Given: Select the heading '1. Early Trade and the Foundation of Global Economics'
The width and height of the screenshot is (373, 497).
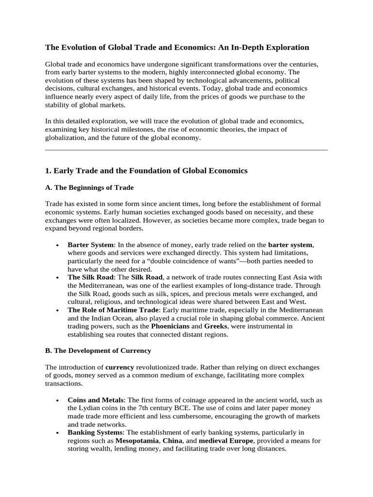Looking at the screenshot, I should pos(146,170).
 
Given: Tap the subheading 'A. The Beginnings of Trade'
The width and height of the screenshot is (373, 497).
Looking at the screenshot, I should pos(89,187).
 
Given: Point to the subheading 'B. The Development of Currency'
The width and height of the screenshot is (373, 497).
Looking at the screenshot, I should pos(98,350).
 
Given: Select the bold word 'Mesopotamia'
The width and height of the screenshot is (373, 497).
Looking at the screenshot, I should pos(136,440).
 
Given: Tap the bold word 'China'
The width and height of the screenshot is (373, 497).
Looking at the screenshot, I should pos(172,440).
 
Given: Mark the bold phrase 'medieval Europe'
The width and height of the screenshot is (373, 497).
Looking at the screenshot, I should pos(226,440).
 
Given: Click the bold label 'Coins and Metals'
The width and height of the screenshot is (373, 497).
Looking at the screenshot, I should pos(96,399).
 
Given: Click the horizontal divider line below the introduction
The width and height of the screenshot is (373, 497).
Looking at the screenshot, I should pos(186,150).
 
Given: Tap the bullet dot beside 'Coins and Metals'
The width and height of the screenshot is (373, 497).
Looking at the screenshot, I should pos(58,400).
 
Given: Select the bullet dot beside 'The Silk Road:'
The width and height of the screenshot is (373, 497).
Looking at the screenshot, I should pos(58,278).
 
